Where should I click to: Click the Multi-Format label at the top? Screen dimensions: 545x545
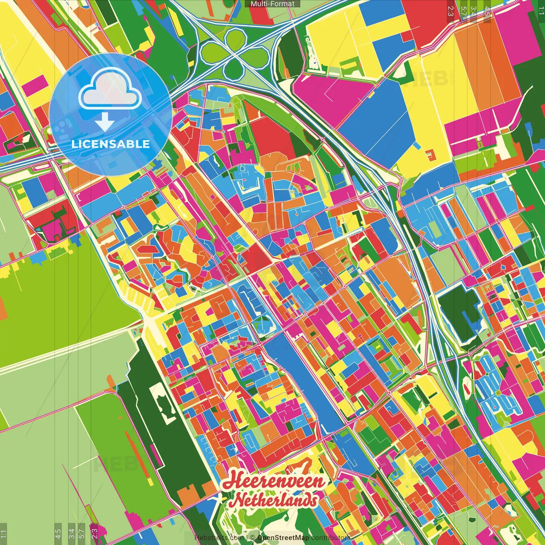[272, 4]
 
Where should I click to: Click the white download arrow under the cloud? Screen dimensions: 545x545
[105, 123]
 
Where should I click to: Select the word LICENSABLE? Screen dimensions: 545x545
[110, 144]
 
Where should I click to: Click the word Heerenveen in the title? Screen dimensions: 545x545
[273, 482]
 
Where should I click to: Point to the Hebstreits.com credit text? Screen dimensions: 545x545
[219, 538]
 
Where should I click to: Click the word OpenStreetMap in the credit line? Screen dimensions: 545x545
[283, 538]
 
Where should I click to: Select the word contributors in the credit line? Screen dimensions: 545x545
[330, 538]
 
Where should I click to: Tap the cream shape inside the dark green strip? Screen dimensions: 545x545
[160, 400]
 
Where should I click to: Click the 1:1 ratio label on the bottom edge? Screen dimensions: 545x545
[3, 534]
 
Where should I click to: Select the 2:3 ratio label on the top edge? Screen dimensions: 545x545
[450, 11]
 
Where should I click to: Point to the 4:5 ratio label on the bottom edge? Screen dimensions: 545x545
[58, 534]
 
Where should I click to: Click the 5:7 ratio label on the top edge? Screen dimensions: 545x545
[463, 11]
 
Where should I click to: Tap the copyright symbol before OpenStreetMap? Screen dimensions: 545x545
[252, 538]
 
